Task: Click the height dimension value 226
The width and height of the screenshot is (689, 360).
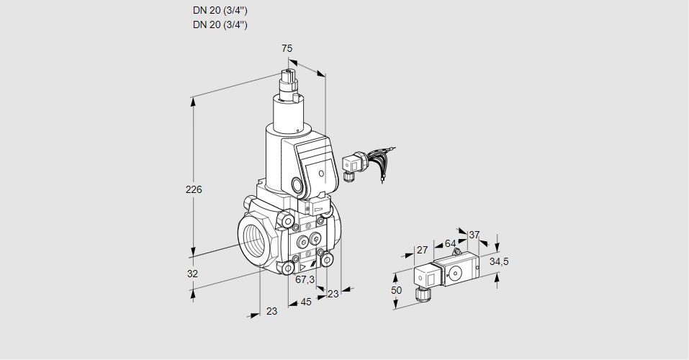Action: (194, 190)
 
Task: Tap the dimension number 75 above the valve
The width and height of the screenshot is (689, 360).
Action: (287, 48)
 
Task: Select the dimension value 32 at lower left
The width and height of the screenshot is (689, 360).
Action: (192, 274)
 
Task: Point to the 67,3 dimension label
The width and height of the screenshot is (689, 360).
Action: (305, 279)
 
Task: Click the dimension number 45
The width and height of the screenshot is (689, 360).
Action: (306, 302)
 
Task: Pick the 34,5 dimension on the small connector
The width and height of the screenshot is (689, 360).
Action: (499, 261)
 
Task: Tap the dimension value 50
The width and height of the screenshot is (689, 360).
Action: (395, 289)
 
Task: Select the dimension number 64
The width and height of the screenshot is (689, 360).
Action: (450, 243)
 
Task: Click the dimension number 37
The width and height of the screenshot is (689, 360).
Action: (474, 235)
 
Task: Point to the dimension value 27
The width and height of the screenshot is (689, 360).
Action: (423, 250)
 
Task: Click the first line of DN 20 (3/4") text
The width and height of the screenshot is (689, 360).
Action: (220, 11)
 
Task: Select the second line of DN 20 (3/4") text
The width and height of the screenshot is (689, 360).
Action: (220, 25)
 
